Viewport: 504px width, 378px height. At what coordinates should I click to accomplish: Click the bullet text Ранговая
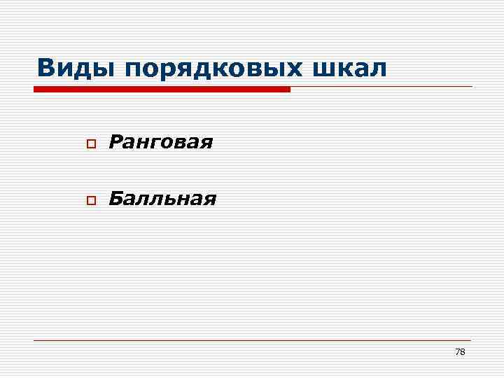click(x=160, y=143)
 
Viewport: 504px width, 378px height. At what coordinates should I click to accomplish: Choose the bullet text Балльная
click(x=162, y=199)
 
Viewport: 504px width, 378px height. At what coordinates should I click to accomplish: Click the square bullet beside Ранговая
click(x=90, y=144)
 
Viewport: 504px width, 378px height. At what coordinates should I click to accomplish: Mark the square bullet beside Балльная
click(x=90, y=201)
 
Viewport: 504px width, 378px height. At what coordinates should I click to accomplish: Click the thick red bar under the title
click(x=162, y=90)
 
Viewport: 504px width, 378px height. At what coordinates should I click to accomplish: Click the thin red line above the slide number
click(x=252, y=340)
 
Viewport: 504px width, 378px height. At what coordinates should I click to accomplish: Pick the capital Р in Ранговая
click(x=115, y=143)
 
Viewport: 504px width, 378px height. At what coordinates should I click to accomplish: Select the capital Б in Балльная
click(x=115, y=199)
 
